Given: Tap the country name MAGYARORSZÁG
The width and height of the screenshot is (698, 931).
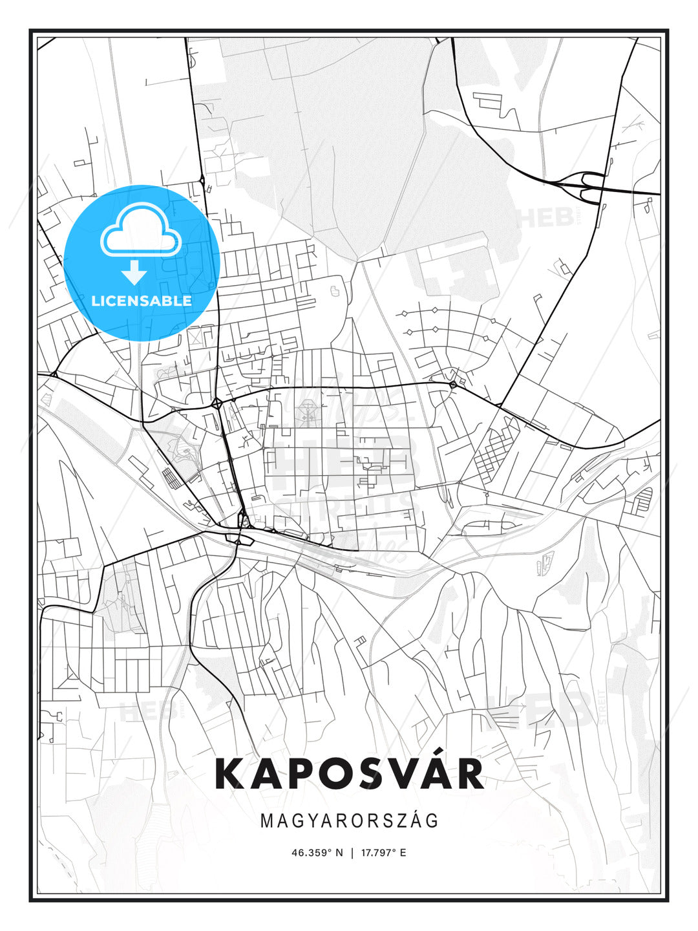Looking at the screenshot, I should click(349, 820).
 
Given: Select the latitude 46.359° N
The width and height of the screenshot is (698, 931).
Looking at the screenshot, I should click(317, 853).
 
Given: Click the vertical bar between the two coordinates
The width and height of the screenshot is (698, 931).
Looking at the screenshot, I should click(352, 853).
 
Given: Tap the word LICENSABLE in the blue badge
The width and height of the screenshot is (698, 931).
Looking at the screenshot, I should click(142, 301).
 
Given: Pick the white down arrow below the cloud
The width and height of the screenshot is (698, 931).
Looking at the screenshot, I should click(134, 272).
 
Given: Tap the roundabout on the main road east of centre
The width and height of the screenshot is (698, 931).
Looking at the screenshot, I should click(453, 385).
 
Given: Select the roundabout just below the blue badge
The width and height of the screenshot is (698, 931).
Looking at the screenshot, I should click(217, 403).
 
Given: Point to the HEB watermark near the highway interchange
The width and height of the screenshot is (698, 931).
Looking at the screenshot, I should click(546, 218).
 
